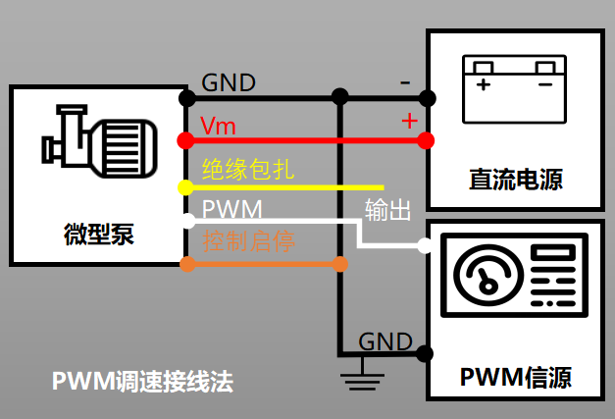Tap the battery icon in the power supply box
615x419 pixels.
pos(514,89)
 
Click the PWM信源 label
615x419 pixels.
pos(515,377)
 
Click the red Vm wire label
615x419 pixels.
pos(218,127)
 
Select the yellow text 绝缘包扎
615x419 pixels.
pos(248,168)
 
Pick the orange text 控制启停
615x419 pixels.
pos(248,241)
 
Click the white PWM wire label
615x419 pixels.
pos(231,210)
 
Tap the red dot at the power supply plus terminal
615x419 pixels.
pos(426,140)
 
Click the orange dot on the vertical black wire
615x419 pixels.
pos(340,263)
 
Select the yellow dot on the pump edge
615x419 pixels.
pos(183,186)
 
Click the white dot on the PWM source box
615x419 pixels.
pos(425,245)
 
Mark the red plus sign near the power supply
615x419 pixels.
pos(410,122)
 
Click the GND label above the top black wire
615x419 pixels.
pos(229,82)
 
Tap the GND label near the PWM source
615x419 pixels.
pos(384,341)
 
